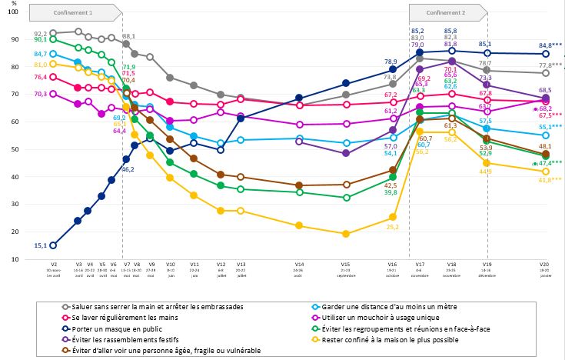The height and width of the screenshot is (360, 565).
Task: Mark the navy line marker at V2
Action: (53, 245)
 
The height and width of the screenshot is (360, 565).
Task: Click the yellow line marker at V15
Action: (346, 234)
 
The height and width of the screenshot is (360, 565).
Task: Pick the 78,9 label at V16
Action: (391, 62)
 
